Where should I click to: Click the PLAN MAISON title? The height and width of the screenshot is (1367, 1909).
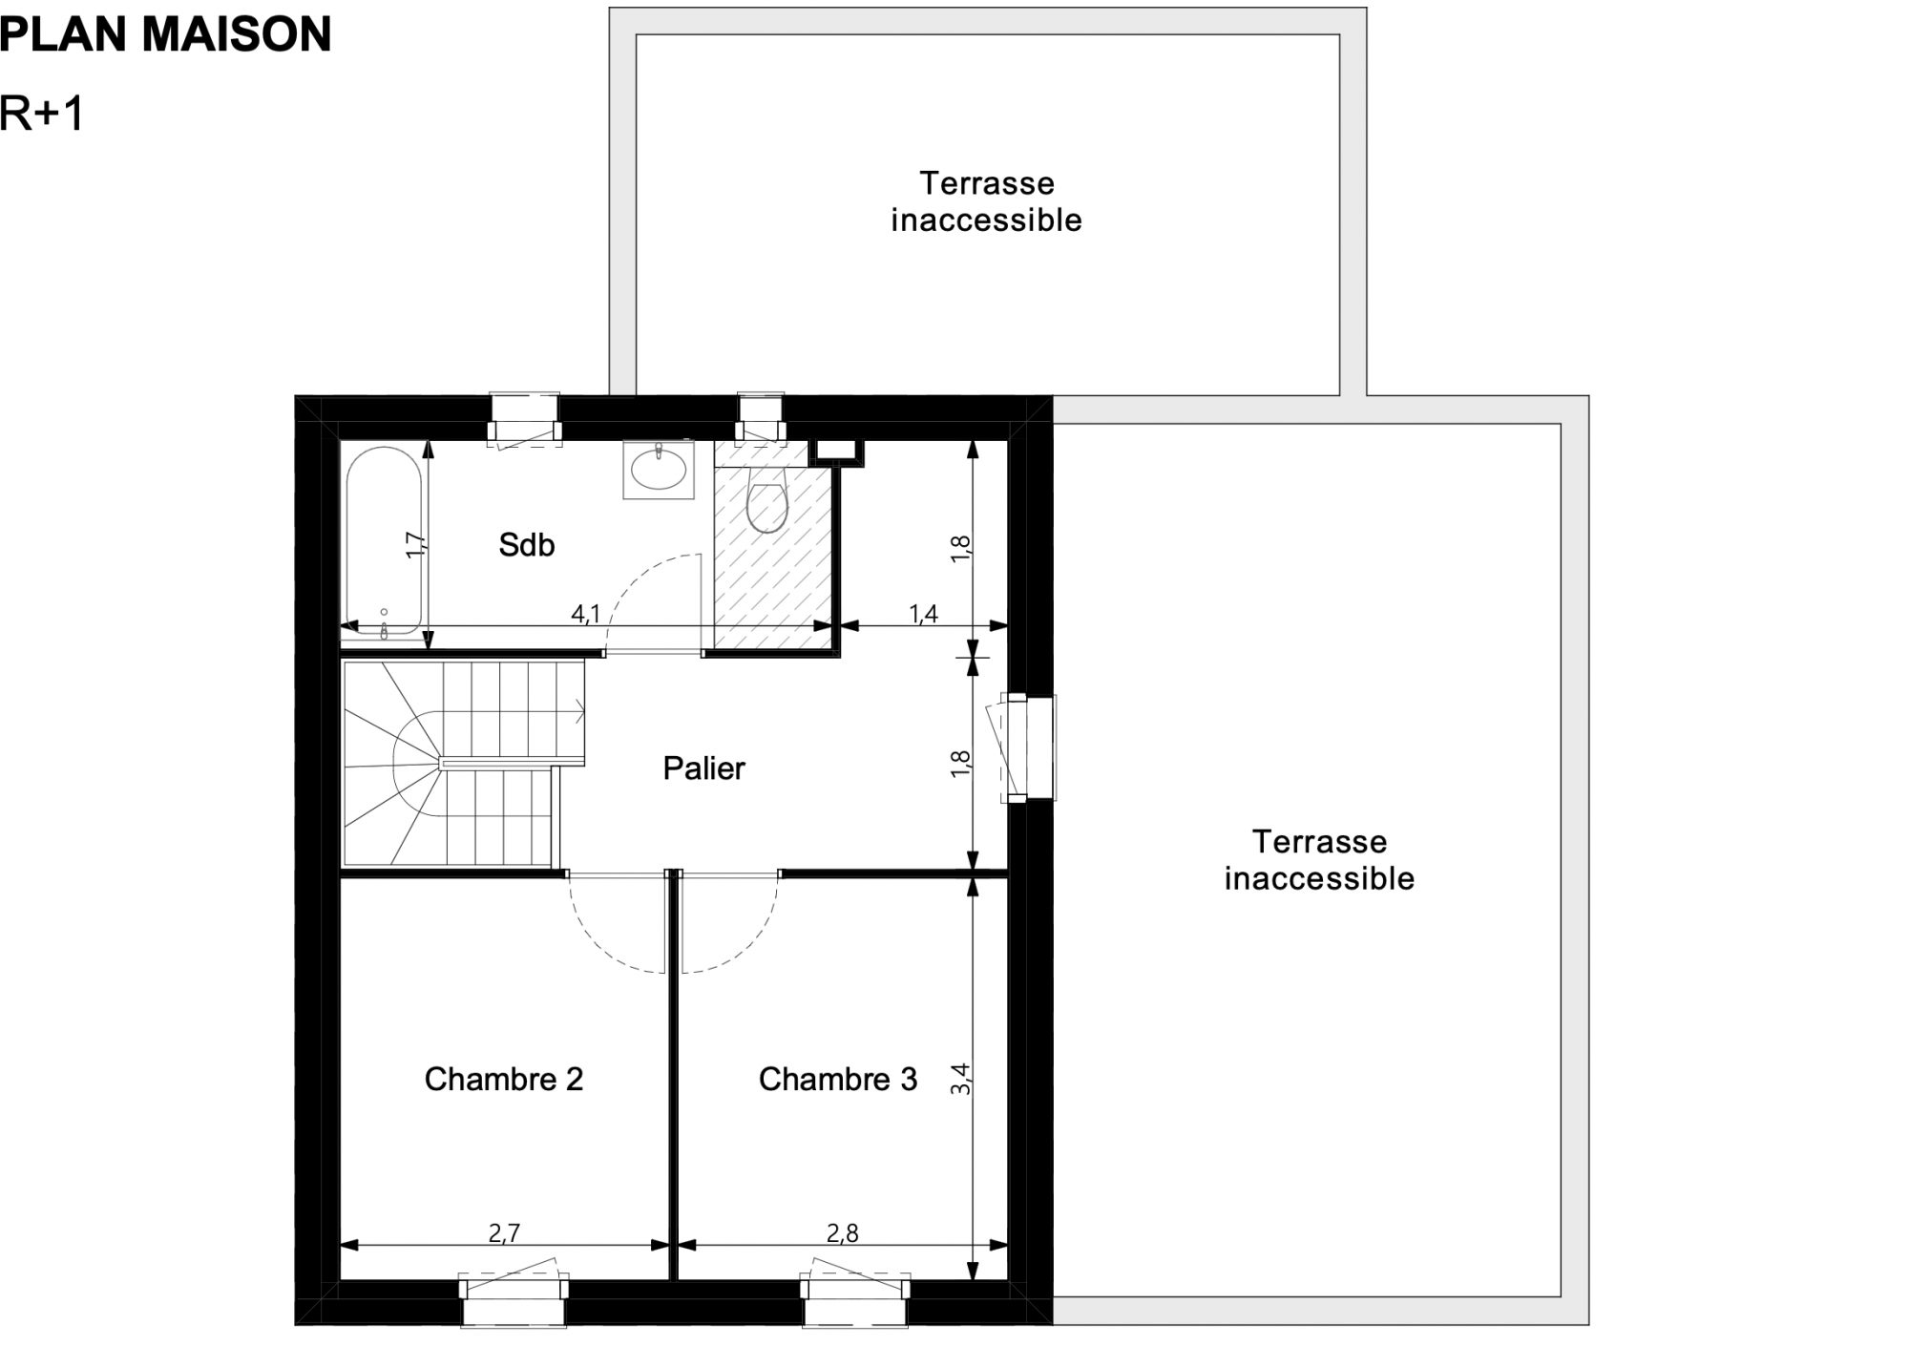point(165,34)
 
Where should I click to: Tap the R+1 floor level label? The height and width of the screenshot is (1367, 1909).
point(42,114)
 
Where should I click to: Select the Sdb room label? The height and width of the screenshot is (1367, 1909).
point(526,545)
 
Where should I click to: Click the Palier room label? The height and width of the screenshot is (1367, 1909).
point(703,768)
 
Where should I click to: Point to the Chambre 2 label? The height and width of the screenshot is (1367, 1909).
point(503,1079)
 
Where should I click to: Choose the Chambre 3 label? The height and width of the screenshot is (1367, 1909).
point(837,1079)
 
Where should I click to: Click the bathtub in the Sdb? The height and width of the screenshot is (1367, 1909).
point(383,541)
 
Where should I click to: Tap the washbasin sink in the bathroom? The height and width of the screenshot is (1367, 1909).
point(659,470)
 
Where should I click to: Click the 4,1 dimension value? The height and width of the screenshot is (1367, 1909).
point(585,614)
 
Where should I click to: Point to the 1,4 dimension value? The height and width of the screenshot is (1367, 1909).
point(923,614)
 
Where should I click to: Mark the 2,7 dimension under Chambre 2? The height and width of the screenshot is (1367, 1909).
point(503,1233)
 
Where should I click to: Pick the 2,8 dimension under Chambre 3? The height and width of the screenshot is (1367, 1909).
point(843,1233)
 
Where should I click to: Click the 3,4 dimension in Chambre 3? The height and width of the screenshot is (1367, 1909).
point(961,1079)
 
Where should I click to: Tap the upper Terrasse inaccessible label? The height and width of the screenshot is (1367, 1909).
point(987,201)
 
